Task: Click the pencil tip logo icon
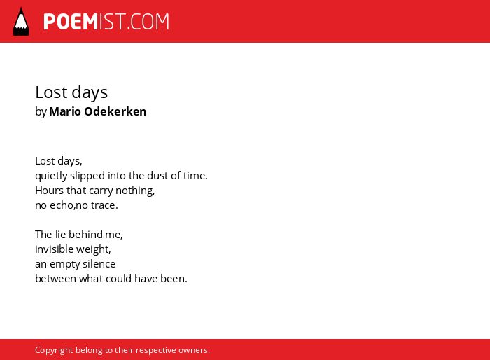pyautogui.click(x=21, y=21)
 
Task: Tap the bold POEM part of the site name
pyautogui.click(x=71, y=22)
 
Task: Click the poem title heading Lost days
pyautogui.click(x=71, y=93)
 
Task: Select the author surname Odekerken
pyautogui.click(x=115, y=111)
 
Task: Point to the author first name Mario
pyautogui.click(x=65, y=111)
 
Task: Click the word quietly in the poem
pyautogui.click(x=51, y=176)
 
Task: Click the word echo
pyautogui.click(x=62, y=205)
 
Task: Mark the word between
pyautogui.click(x=55, y=279)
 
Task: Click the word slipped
pyautogui.click(x=87, y=176)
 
